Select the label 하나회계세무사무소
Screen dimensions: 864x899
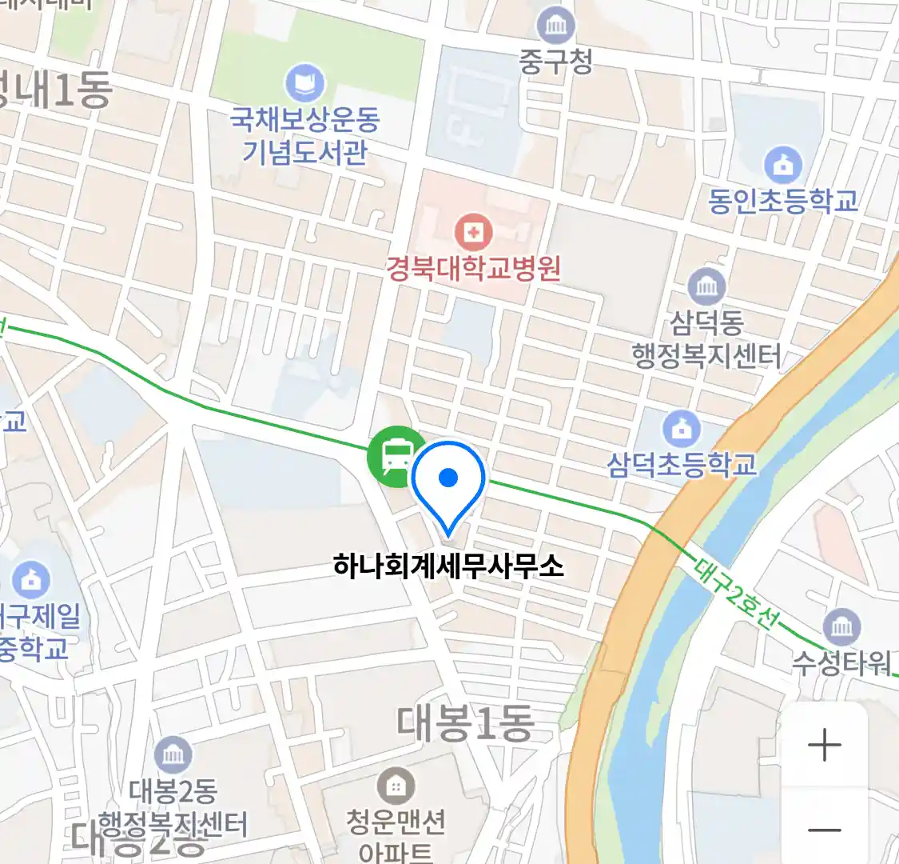(x=448, y=566)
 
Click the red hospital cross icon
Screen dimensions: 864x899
(x=473, y=233)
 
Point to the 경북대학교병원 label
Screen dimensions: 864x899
(x=473, y=268)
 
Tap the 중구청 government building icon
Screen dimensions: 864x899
(x=555, y=26)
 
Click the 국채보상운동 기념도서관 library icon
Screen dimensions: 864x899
(x=304, y=83)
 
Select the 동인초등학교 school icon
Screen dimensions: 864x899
(x=782, y=166)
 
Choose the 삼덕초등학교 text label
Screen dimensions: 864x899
(x=682, y=464)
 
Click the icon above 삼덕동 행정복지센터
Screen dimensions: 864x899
(x=706, y=286)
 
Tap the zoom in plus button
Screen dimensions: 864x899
(x=824, y=746)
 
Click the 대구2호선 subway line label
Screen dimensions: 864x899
(x=733, y=593)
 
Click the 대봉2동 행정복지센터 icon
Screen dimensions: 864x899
(x=173, y=754)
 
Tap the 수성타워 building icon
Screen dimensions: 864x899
(x=841, y=627)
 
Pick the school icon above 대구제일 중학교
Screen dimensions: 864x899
(x=30, y=580)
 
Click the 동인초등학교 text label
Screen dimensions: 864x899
(x=783, y=200)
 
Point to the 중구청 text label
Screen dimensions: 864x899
(x=555, y=62)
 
